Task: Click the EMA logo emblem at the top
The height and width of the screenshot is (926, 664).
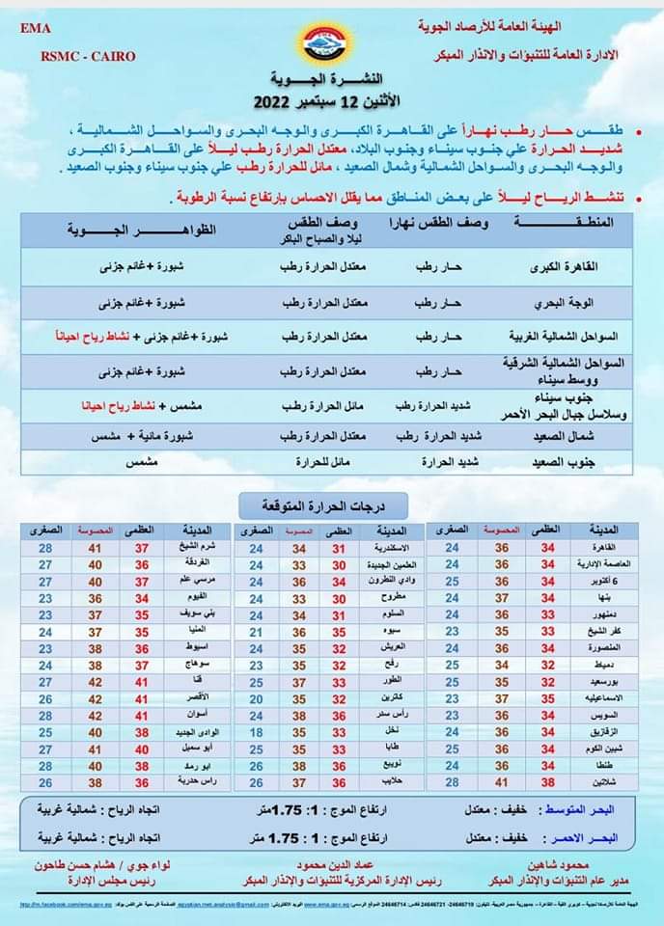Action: (331, 42)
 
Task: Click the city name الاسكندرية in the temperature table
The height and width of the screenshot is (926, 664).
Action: (385, 549)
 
